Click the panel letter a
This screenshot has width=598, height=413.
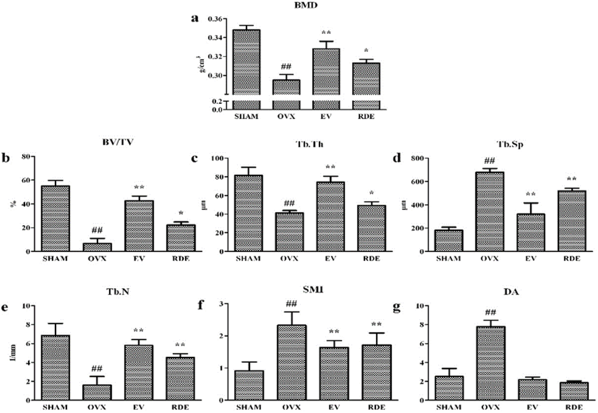195,18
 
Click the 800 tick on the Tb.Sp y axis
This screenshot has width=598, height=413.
416,159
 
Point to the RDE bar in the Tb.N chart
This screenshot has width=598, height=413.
180,379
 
